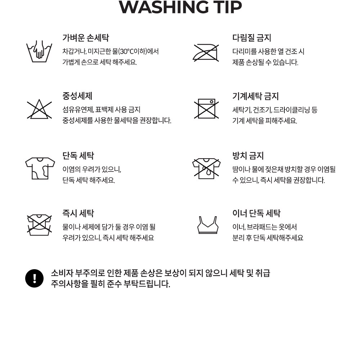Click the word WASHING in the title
(164, 7)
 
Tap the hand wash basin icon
(39, 52)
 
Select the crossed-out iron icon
(206, 53)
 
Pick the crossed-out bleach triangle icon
(39, 109)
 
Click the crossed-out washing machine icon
(206, 108)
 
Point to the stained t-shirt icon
(40, 168)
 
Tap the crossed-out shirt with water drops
(206, 168)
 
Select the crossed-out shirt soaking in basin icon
(39, 225)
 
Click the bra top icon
(208, 225)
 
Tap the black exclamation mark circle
(35, 279)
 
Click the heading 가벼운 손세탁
(86, 38)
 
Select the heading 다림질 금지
(252, 38)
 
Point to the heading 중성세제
(77, 96)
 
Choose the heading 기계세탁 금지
(256, 96)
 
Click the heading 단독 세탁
(78, 156)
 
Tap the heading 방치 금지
(248, 156)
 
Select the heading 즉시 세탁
(78, 213)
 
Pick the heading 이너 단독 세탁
(256, 213)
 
